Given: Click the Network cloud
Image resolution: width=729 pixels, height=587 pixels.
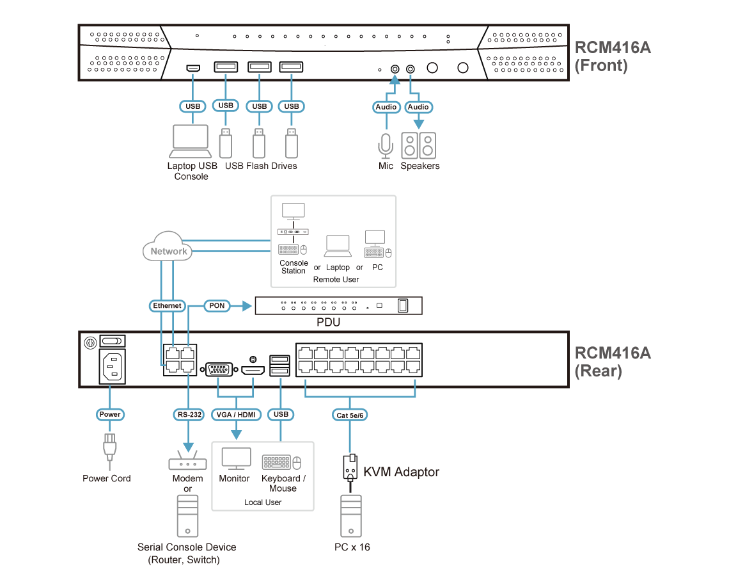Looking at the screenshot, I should click(x=168, y=250).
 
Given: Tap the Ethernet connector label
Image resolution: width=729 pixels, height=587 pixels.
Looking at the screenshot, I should click(x=168, y=306).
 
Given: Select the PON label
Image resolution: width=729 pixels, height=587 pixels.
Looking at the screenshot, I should click(x=217, y=306).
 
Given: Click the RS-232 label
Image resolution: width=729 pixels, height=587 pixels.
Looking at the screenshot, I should click(x=189, y=415).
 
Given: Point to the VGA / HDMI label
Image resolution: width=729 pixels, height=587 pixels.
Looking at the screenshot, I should click(x=236, y=415).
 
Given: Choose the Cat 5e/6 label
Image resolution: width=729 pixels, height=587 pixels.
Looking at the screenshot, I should click(x=350, y=415).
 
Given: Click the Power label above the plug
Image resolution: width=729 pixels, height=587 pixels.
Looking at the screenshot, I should click(x=110, y=415).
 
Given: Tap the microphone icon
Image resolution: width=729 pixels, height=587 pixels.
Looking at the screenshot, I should click(x=385, y=145).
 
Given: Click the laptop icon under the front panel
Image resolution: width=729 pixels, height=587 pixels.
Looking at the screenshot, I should click(x=191, y=141).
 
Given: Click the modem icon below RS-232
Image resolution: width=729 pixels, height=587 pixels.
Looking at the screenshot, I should click(x=188, y=463).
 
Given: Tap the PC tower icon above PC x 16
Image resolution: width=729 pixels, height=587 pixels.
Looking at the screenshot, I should click(x=351, y=516).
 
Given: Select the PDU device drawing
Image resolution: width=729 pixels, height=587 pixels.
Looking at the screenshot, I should click(x=339, y=306).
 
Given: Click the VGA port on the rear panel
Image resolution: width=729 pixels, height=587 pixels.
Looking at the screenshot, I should click(x=218, y=369).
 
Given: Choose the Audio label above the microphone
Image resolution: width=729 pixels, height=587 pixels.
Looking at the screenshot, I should click(x=386, y=107).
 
